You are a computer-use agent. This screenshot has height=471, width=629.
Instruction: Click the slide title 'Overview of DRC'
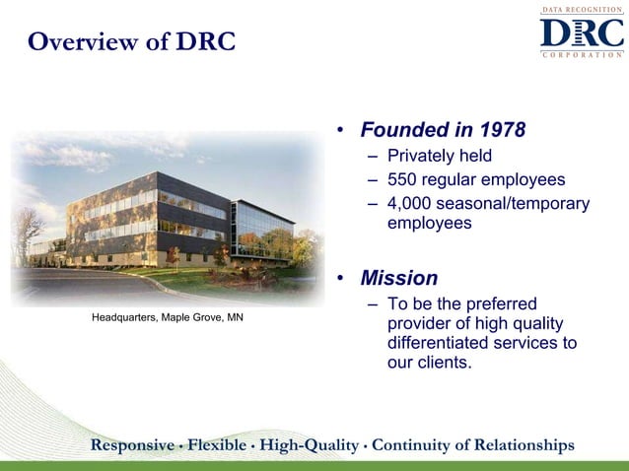pyautogui.click(x=132, y=43)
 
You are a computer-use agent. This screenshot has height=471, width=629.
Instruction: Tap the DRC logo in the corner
pyautogui.click(x=581, y=33)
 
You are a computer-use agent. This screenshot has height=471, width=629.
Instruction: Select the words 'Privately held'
pyautogui.click(x=439, y=156)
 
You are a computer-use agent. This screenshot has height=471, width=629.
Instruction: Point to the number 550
pyautogui.click(x=404, y=179)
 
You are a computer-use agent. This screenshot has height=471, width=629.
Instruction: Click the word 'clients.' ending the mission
pyautogui.click(x=445, y=363)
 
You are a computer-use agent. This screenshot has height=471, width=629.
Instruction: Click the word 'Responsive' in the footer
pyautogui.click(x=134, y=445)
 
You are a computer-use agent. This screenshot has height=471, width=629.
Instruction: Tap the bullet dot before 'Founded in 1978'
pyautogui.click(x=338, y=131)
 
